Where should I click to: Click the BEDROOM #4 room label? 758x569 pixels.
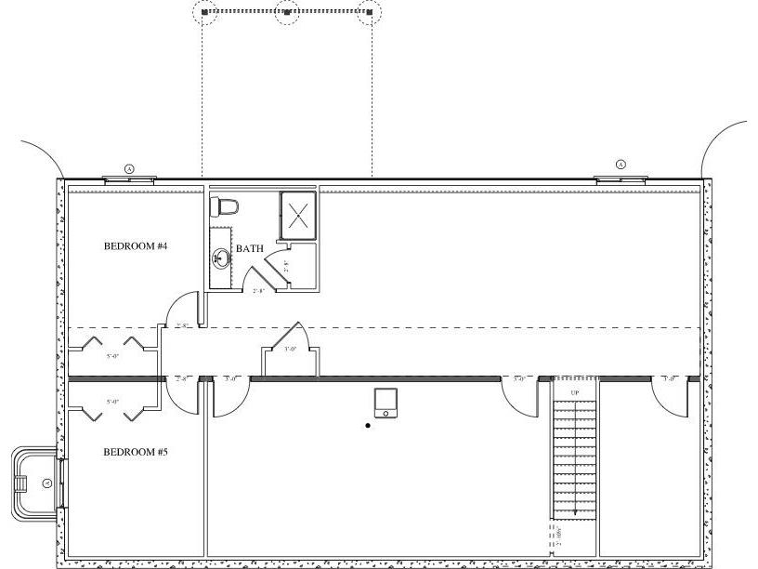point(135,246)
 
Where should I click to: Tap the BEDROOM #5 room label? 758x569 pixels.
point(135,452)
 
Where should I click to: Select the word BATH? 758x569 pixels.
point(249,248)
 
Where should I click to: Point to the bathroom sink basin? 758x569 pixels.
point(221,258)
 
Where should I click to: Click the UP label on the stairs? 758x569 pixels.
point(575,393)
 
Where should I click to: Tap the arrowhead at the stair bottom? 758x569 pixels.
point(575,510)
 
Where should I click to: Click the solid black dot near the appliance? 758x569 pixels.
point(368,426)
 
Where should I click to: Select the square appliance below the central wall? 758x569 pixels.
point(386,403)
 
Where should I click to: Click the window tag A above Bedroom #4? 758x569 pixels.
point(129,168)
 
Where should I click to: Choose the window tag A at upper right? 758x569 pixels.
point(621,165)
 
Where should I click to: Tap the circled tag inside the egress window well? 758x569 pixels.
point(46,483)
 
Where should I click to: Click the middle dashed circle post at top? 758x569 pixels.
point(287,12)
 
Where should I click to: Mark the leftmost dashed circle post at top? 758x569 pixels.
point(205,12)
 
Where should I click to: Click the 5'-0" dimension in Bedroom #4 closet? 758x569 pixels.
point(113,356)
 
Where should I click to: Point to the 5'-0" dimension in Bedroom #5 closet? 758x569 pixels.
point(113,402)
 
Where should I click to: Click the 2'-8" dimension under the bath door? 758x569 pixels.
point(259,291)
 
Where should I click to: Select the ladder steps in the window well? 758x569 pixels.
point(20,483)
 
